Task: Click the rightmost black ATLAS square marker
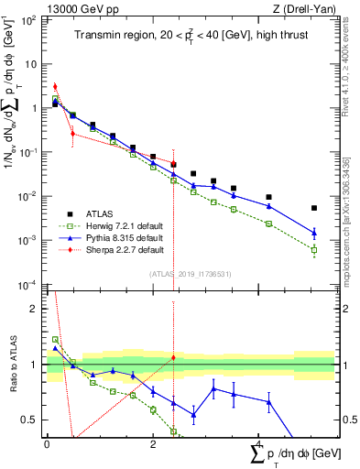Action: [x=314, y=208]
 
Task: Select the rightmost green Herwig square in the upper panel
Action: [x=314, y=250]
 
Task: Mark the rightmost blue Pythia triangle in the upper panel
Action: [x=314, y=233]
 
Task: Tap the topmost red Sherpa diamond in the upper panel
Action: [x=55, y=87]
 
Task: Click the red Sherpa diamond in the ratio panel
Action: [x=173, y=357]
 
